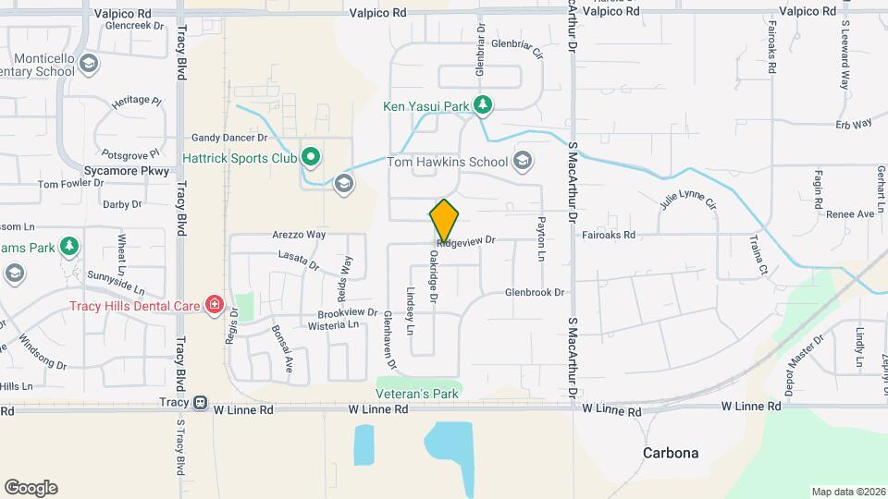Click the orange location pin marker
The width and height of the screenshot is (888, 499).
point(444,220)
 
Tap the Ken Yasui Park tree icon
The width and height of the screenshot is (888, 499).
point(482,106)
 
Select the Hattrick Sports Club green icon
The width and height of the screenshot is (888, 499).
point(311,158)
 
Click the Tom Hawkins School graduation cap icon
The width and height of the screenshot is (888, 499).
point(523,163)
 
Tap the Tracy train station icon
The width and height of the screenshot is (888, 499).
point(201,403)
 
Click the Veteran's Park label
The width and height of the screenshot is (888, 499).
point(419,394)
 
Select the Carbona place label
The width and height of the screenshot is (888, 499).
point(672,453)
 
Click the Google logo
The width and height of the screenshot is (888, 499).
point(31,488)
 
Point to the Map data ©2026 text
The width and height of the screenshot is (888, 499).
point(847,492)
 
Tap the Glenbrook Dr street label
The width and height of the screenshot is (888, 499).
point(534,292)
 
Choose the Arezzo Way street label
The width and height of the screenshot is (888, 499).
point(299,235)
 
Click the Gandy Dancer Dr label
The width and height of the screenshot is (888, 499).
point(229,137)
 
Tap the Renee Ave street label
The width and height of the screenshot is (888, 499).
point(850,213)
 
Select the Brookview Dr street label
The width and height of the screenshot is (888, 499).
point(347,313)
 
